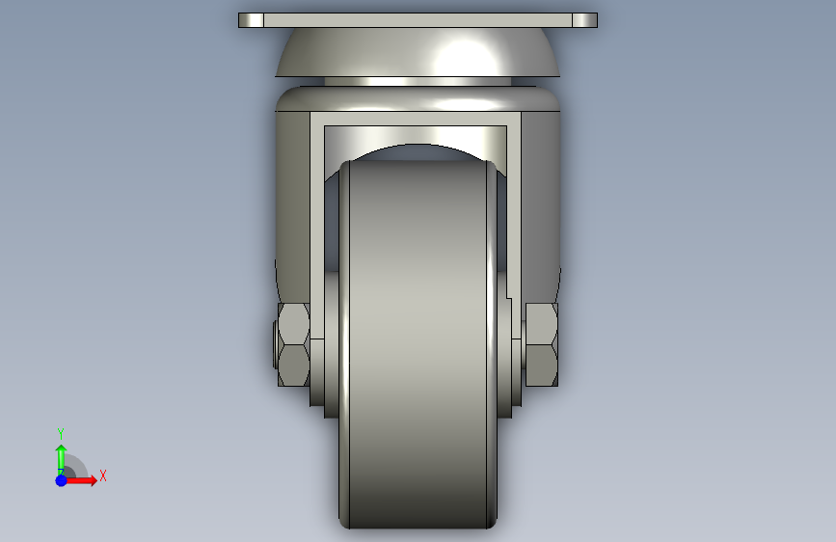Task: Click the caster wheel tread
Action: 418,344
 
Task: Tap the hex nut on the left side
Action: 293,344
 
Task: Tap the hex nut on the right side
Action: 542,344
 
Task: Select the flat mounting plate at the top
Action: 418,20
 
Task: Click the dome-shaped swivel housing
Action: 418,52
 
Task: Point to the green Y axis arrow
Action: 61,459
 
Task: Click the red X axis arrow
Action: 80,480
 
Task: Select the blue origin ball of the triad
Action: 61,480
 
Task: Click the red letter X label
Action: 103,475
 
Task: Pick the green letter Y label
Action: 61,434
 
